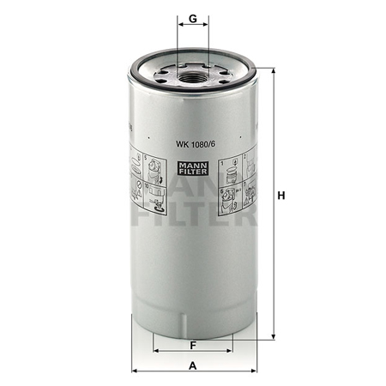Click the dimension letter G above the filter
tap(193, 19)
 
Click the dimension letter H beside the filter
tap(281, 196)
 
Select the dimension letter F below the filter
tap(193, 346)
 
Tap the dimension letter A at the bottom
tap(193, 365)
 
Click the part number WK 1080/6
tap(196, 144)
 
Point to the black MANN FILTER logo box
tap(193, 168)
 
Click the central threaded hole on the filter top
tap(192, 77)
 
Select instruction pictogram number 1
tap(231, 172)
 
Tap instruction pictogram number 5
tap(155, 169)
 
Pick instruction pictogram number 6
tap(231, 200)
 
